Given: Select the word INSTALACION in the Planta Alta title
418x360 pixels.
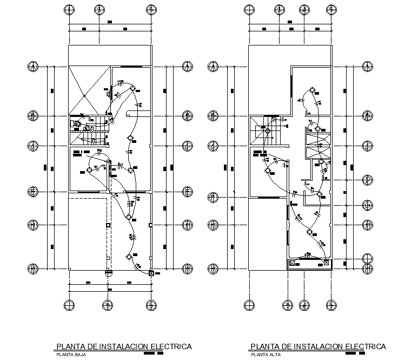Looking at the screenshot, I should click(314, 346).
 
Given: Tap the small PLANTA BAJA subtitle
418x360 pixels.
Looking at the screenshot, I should click(67, 355).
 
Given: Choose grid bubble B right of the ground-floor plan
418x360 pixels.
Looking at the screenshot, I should click(187, 116).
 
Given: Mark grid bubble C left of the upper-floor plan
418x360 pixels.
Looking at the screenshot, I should click(213, 146).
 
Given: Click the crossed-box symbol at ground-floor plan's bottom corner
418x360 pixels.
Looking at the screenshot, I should click(151, 273).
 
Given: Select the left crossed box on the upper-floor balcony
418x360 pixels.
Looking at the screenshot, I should click(293, 263).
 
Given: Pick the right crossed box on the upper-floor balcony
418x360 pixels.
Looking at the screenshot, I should click(326, 263).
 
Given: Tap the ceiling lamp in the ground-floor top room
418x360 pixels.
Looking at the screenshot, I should click(131, 88).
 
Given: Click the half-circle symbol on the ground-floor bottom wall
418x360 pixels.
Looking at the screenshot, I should click(108, 271).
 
